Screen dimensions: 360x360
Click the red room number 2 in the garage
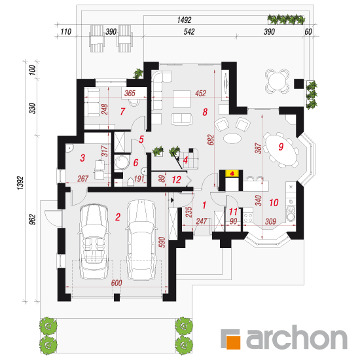tap(118, 217)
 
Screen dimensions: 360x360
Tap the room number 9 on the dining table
tap(281, 147)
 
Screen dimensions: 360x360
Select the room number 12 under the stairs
tap(177, 180)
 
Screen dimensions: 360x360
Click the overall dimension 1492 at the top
tap(184, 20)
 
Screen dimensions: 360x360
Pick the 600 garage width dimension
tap(117, 283)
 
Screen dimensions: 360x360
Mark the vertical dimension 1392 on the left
tap(20, 183)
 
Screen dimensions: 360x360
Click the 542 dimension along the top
tap(189, 31)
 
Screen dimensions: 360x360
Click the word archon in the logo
tap(297, 337)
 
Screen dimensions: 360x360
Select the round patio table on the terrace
tap(277, 81)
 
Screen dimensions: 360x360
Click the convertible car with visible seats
tap(94, 241)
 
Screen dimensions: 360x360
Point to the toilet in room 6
tap(130, 182)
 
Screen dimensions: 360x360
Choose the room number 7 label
tap(122, 111)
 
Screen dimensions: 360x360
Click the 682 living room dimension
tap(211, 140)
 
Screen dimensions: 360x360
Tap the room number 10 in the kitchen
tap(274, 202)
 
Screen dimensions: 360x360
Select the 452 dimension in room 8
tap(200, 93)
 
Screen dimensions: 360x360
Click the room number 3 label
tap(82, 158)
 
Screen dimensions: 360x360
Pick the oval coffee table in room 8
tap(232, 138)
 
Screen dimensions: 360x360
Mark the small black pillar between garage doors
tap(117, 297)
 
